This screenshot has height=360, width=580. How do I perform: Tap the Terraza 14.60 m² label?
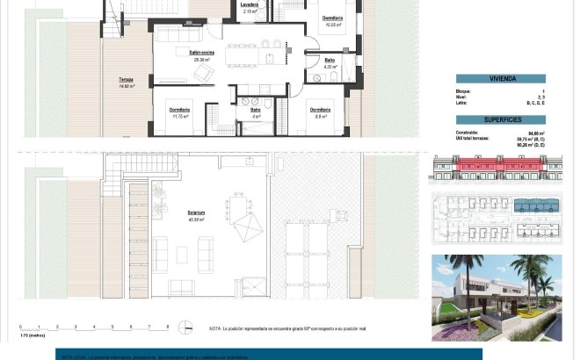[x=127, y=82]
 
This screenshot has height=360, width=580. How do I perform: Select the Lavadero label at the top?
[x=250, y=4]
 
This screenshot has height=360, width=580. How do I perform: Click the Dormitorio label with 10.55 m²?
[x=332, y=20]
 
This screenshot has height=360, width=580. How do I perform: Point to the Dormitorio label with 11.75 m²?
[x=180, y=112]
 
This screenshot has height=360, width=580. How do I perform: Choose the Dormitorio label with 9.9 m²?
[x=320, y=112]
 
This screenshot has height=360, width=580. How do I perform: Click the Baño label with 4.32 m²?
[x=330, y=62]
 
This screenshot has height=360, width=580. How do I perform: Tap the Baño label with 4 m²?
[x=256, y=112]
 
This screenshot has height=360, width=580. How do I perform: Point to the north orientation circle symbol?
[x=185, y=328]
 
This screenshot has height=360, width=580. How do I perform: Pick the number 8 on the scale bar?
[x=168, y=327]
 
